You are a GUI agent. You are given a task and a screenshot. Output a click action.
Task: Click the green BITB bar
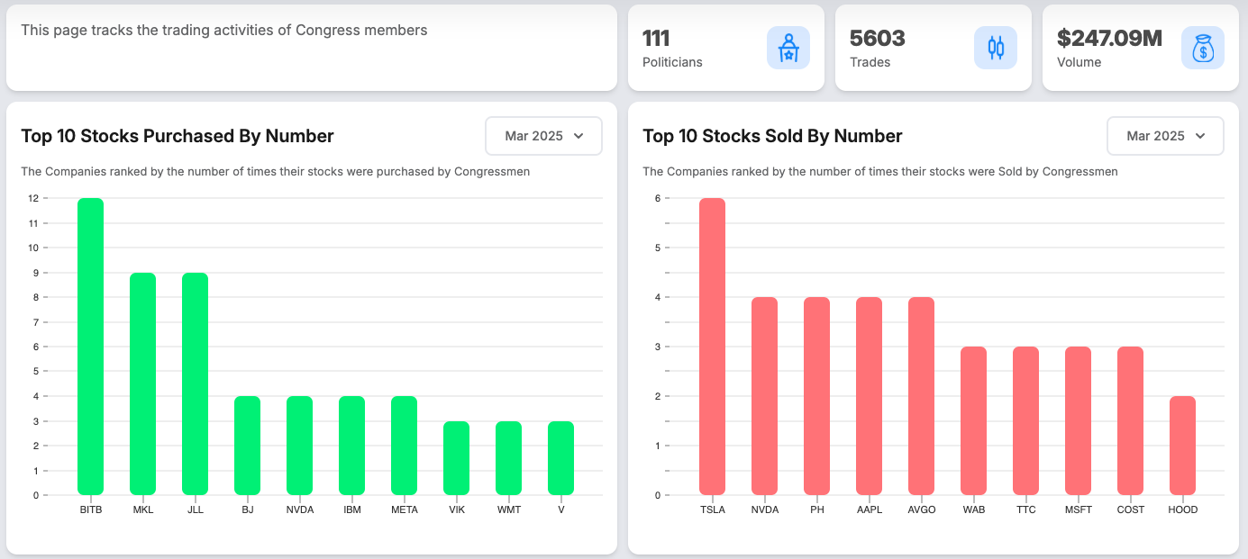[90, 347]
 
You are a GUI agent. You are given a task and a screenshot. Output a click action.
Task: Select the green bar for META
[404, 446]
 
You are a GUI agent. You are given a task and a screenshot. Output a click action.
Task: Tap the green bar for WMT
[508, 458]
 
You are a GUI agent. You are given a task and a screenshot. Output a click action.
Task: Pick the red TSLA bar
[712, 347]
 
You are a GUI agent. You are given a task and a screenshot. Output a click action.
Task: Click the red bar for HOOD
[1182, 446]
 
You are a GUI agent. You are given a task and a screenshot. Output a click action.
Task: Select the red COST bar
[1130, 420]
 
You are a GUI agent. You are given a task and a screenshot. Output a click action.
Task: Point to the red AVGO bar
[921, 396]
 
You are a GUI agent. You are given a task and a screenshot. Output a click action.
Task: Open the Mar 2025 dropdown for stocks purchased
[543, 136]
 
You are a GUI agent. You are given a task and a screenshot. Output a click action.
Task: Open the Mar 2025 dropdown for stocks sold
[1165, 136]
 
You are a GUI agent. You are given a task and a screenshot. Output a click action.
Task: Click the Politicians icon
[788, 48]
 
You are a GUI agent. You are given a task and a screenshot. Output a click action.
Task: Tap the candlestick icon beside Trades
[995, 48]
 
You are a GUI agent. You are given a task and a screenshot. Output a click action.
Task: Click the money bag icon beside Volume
[1202, 48]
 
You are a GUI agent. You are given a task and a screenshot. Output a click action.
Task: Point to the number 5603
[877, 38]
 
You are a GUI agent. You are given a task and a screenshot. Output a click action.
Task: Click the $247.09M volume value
[1109, 38]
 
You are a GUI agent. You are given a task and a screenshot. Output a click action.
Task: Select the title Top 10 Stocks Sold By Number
[772, 136]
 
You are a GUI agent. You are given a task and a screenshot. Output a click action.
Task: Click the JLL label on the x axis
[196, 509]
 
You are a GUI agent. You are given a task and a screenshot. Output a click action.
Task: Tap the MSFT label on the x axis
[1078, 509]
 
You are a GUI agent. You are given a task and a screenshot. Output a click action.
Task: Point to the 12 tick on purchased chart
[33, 198]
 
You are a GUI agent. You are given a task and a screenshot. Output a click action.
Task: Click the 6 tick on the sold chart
[658, 198]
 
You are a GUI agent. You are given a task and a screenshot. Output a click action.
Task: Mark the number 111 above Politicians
[656, 38]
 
